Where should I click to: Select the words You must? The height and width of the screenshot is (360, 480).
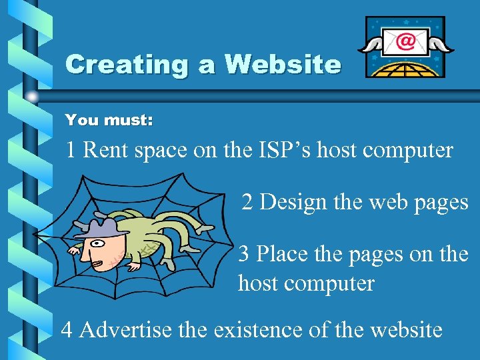[109, 121]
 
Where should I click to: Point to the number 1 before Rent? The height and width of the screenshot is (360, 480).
[71, 151]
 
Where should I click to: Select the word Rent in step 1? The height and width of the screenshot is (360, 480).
[107, 151]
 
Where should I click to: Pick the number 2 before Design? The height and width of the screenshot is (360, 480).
[247, 202]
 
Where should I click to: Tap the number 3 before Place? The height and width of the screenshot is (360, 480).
[244, 254]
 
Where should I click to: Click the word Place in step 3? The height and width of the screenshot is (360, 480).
[280, 254]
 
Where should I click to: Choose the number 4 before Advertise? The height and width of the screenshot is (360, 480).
[67, 330]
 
